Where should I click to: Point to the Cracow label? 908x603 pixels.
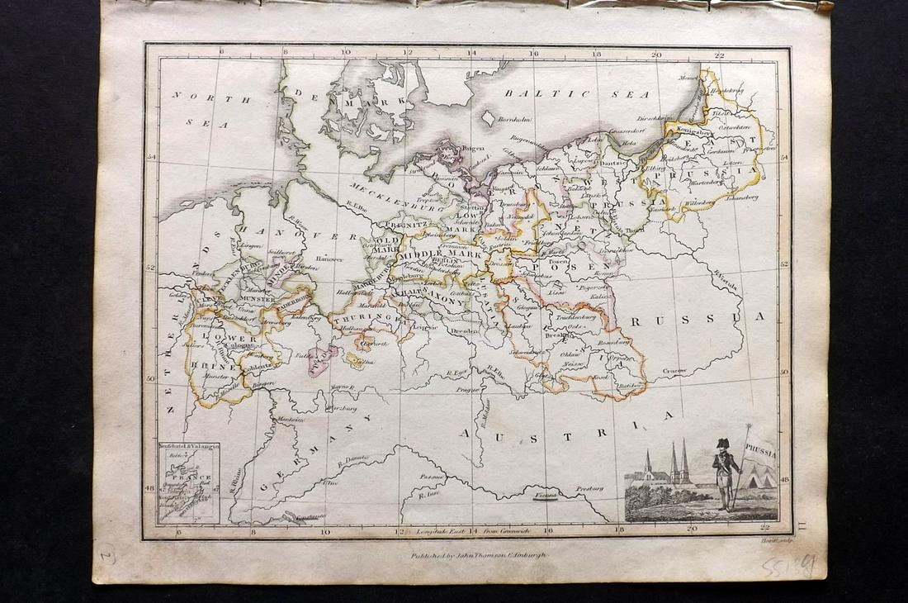(674, 371)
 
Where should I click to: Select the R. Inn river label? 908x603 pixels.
(428, 494)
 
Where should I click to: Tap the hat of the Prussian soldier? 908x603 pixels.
(723, 444)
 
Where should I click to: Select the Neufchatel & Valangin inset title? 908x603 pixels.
(188, 447)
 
